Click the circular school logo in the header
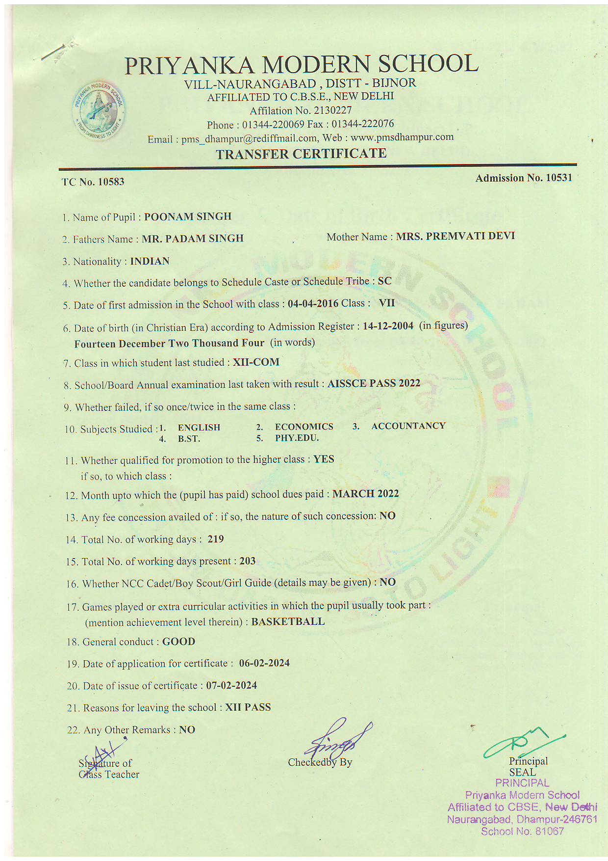[x=98, y=109]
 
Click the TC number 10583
[x=111, y=182]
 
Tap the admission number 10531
[x=558, y=178]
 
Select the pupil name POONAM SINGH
[x=187, y=216]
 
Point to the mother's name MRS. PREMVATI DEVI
[x=455, y=236]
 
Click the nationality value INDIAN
[x=150, y=261]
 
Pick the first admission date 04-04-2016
[x=313, y=303]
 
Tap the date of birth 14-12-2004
[x=388, y=326]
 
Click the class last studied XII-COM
[x=256, y=362]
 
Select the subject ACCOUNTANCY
[x=408, y=426]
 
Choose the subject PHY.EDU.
[x=297, y=438]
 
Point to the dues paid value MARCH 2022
[x=365, y=494]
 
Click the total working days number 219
[x=215, y=539]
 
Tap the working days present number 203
[x=247, y=561]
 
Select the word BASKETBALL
[x=288, y=621]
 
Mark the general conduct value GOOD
[x=178, y=642]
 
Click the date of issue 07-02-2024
[x=231, y=685]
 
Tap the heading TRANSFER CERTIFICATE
[x=301, y=154]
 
